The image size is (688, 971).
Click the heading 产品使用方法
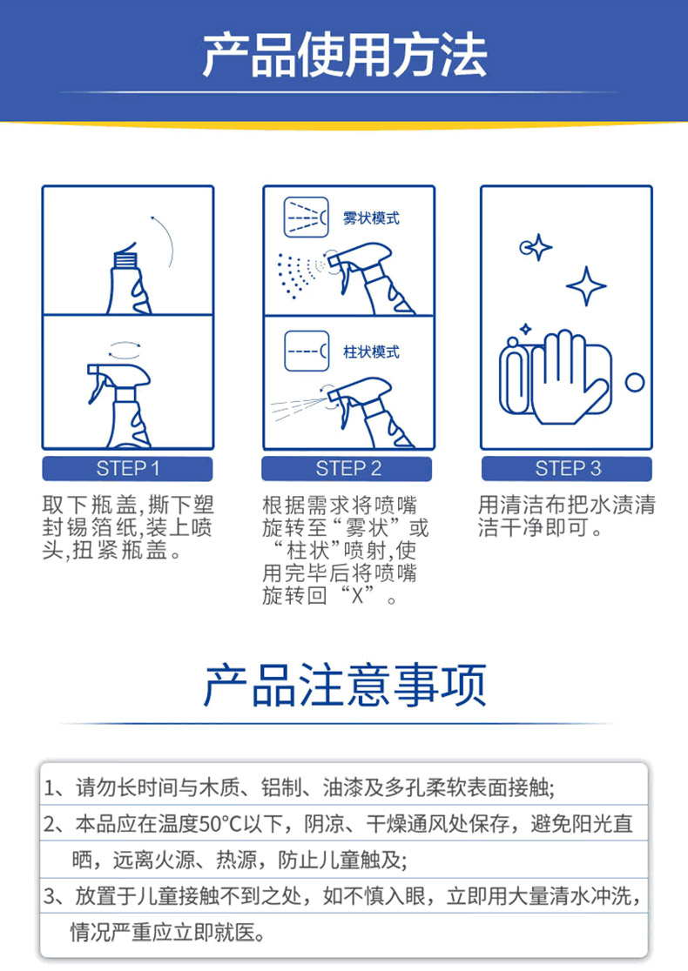pos(344,56)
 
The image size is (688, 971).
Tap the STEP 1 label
pos(128,469)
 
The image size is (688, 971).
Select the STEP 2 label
pos(347,469)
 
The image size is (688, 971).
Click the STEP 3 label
pos(567,469)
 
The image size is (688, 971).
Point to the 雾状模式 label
pos(371,218)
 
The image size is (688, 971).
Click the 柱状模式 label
pos(371,352)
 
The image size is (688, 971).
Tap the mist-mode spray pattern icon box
pos(307,218)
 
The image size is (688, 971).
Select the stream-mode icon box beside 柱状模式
pos(307,352)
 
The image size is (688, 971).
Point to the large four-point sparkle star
pos(586,286)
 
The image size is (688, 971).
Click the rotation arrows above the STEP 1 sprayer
pos(125,350)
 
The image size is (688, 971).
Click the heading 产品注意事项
pos(345,686)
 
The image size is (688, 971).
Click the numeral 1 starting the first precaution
pos(50,788)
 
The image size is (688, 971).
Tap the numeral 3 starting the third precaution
pos(50,896)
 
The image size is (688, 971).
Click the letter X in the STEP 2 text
pos(358,596)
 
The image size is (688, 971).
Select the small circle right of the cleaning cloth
pos(634,382)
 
